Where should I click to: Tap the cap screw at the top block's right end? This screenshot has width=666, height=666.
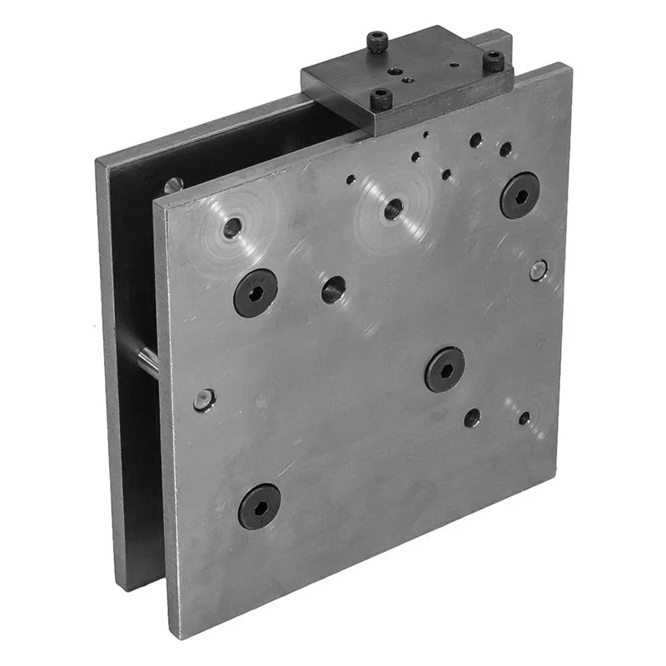pyautogui.click(x=496, y=60)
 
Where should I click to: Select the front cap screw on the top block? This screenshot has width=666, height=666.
pyautogui.click(x=381, y=99)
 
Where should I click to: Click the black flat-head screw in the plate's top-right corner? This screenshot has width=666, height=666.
pyautogui.click(x=520, y=195)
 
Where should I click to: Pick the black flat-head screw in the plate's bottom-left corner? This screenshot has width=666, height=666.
pyautogui.click(x=259, y=505)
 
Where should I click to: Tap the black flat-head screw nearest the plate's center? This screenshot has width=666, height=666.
pyautogui.click(x=445, y=369)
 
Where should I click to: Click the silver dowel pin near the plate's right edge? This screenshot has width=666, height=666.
pyautogui.click(x=539, y=269)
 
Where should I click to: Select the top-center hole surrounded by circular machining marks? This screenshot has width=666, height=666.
pyautogui.click(x=393, y=209)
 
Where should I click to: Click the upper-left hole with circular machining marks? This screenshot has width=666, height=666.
pyautogui.click(x=232, y=226)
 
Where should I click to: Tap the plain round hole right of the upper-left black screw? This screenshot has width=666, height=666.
pyautogui.click(x=334, y=290)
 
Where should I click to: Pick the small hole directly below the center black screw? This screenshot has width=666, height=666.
pyautogui.click(x=472, y=418)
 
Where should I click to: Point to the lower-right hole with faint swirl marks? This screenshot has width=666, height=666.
pyautogui.click(x=524, y=418)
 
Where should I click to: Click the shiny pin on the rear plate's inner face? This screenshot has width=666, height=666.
pyautogui.click(x=172, y=185)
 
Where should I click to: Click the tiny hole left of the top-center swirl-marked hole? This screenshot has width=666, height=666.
pyautogui.click(x=352, y=178)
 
